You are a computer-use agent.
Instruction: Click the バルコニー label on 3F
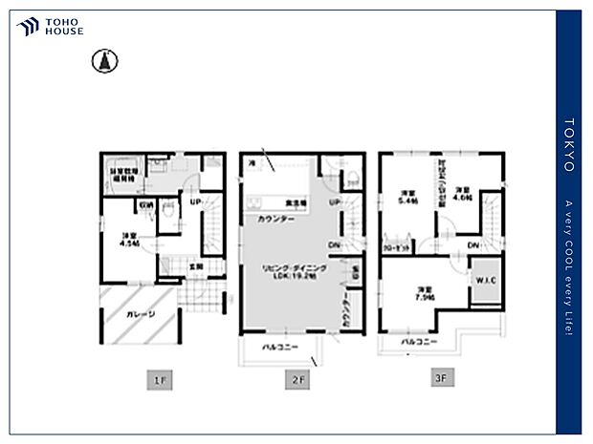pyautogui.click(x=418, y=341)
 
